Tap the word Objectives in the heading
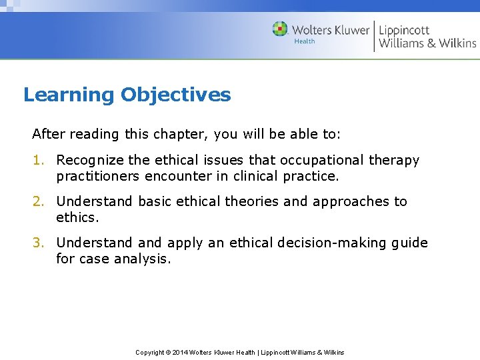point(175,95)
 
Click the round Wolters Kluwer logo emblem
point(280,29)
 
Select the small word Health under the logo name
point(305,41)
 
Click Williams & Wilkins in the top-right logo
point(427,43)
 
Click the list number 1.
point(37,160)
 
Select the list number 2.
point(37,201)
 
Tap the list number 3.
point(37,243)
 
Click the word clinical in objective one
point(256,176)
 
